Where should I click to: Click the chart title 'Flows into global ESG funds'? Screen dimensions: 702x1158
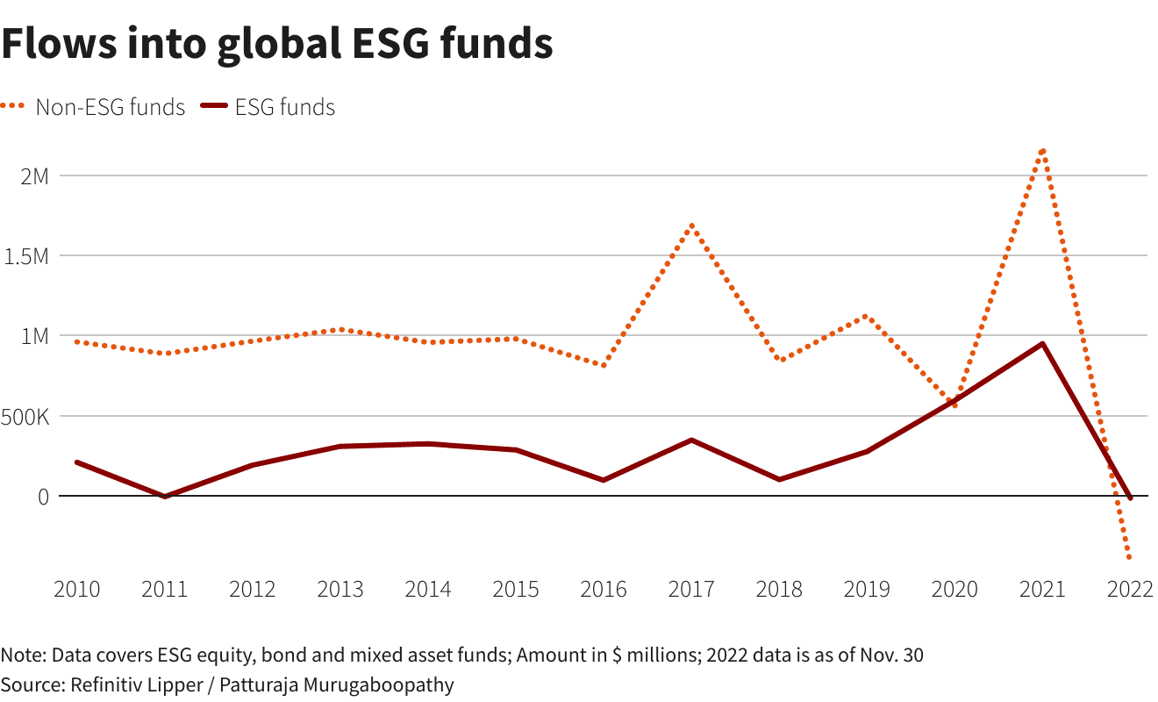[x=277, y=44]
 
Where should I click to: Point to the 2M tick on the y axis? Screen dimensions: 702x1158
[x=34, y=175]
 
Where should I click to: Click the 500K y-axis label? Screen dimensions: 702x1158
[x=25, y=416]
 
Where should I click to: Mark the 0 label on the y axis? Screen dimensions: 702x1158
[x=42, y=496]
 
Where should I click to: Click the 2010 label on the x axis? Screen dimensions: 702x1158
[x=77, y=589]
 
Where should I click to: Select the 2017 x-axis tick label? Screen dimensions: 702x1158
[x=691, y=589]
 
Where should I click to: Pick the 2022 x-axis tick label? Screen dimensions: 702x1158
[x=1130, y=589]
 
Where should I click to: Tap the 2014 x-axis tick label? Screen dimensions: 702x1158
[x=428, y=589]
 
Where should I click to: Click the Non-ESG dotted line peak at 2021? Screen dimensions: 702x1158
[x=1042, y=150]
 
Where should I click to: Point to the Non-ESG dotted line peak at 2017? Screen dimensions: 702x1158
[x=691, y=226]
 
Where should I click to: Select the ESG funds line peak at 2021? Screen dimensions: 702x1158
[x=1042, y=343]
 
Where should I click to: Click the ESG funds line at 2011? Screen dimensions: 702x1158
[x=165, y=497]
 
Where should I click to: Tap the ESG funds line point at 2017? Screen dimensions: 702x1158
[x=691, y=440]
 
